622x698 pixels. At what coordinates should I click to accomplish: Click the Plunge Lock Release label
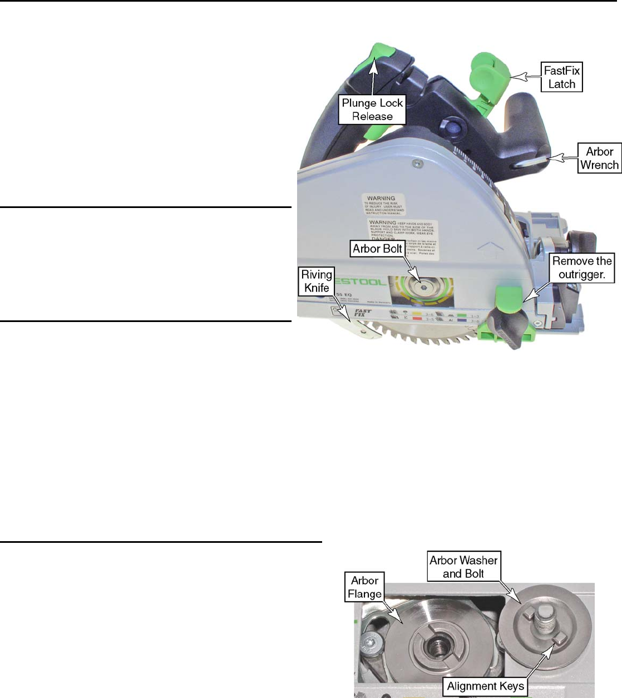(x=372, y=110)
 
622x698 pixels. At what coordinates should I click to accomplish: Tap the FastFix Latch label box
(x=561, y=77)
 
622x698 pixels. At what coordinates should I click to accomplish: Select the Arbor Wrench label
(x=599, y=158)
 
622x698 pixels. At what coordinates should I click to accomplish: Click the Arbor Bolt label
(x=377, y=249)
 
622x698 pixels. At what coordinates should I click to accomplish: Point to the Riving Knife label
(x=317, y=281)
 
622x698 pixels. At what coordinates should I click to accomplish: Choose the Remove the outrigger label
(x=582, y=268)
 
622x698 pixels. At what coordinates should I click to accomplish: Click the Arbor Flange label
(x=364, y=587)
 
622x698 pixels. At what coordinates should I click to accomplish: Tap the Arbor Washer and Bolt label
(x=463, y=567)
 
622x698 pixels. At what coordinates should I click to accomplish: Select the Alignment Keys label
(x=486, y=686)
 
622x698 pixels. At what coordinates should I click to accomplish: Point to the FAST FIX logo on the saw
(x=363, y=314)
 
